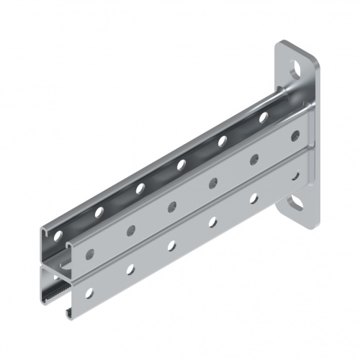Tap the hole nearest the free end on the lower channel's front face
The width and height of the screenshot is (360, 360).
pos(89,293)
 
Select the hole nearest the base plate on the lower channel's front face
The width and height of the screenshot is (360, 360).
pos(294,174)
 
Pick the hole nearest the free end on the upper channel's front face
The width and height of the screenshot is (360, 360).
pos(89,253)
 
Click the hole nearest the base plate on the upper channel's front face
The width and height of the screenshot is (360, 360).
pos(294,135)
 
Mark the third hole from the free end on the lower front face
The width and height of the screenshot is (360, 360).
pos(171,246)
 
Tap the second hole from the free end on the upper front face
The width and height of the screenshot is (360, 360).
pos(130,230)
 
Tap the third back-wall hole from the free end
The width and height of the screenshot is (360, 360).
pos(140,188)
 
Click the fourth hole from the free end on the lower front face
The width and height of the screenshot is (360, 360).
pos(213,222)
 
